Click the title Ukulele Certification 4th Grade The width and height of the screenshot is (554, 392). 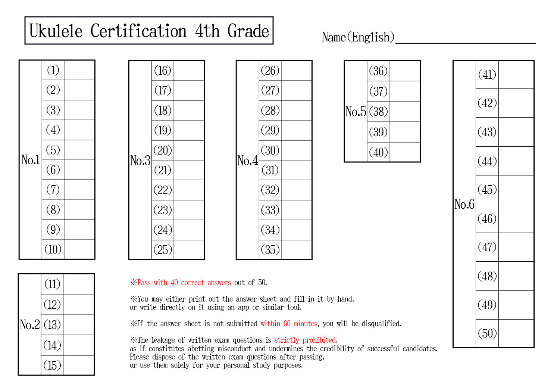[x=149, y=31]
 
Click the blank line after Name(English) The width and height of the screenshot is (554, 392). [x=466, y=43]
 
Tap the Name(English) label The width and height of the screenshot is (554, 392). [x=358, y=37]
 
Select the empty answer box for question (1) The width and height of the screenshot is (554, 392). [x=79, y=70]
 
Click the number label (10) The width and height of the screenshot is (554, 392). [x=53, y=249]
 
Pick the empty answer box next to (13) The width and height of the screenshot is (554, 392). [x=79, y=325]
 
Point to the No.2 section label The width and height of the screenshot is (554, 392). [x=30, y=324]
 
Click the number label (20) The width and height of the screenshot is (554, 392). [x=163, y=150]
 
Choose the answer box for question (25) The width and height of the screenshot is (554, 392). [x=189, y=249]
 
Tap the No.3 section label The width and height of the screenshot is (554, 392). [x=140, y=161]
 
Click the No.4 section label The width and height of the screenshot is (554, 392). [x=248, y=161]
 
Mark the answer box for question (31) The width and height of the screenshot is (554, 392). [x=297, y=170]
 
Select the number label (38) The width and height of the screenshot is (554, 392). [x=378, y=112]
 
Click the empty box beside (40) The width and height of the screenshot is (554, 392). [x=405, y=152]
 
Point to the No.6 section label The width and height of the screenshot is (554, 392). [x=464, y=204]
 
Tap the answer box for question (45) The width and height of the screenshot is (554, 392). [x=516, y=190]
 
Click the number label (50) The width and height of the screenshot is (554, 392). [x=487, y=333]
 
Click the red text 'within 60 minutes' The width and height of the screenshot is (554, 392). [x=289, y=323]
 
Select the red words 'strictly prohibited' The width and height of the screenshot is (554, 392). [x=305, y=340]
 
